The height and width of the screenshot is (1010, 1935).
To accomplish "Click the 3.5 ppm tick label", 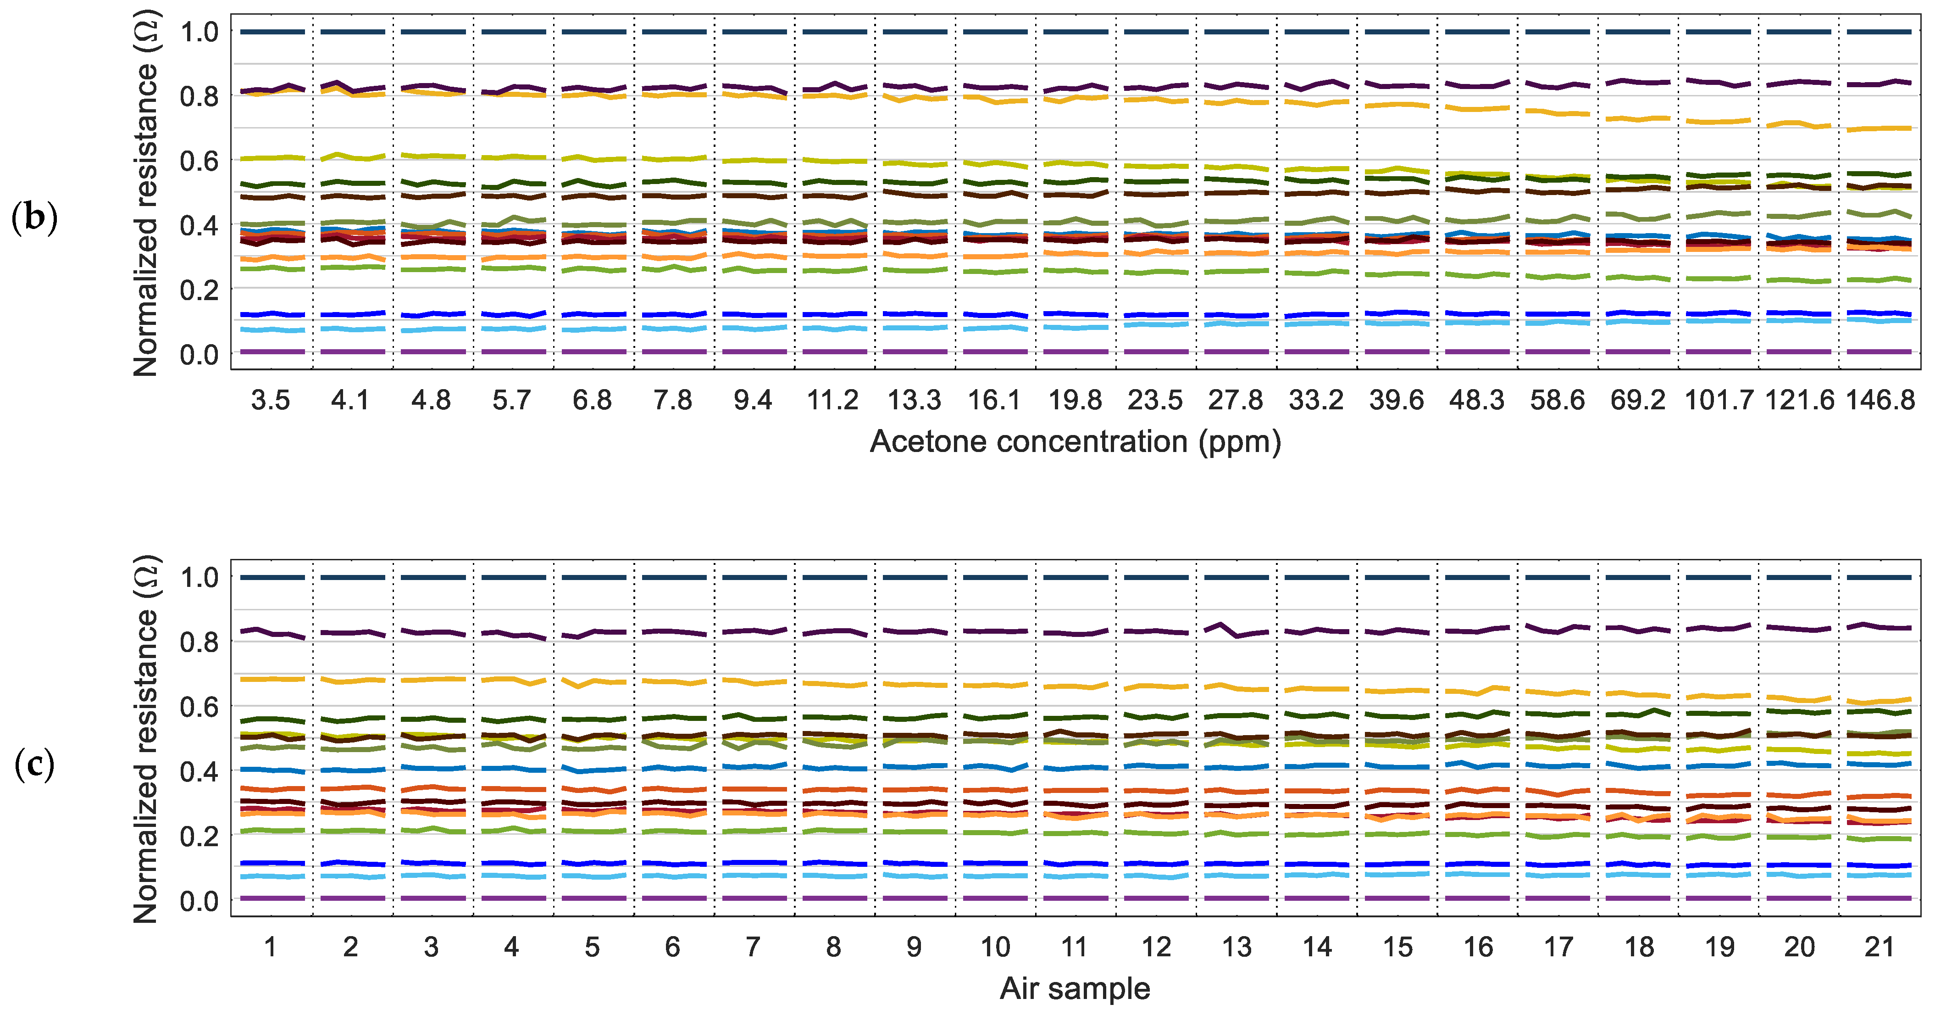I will (271, 401).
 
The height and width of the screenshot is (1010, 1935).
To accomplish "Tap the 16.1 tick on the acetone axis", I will (994, 401).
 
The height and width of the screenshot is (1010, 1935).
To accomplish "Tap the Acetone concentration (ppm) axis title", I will (1075, 442).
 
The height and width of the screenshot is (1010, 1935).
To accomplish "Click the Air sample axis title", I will (1075, 989).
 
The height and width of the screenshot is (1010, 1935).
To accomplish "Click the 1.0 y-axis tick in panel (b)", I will (199, 32).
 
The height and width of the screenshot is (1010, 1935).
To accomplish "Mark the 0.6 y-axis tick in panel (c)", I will (199, 707).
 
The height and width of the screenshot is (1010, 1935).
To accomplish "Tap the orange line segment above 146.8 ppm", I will (1880, 128).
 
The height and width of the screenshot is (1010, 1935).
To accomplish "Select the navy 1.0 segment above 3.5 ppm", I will (272, 32).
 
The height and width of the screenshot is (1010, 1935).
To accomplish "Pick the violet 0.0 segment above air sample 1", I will (272, 898).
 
